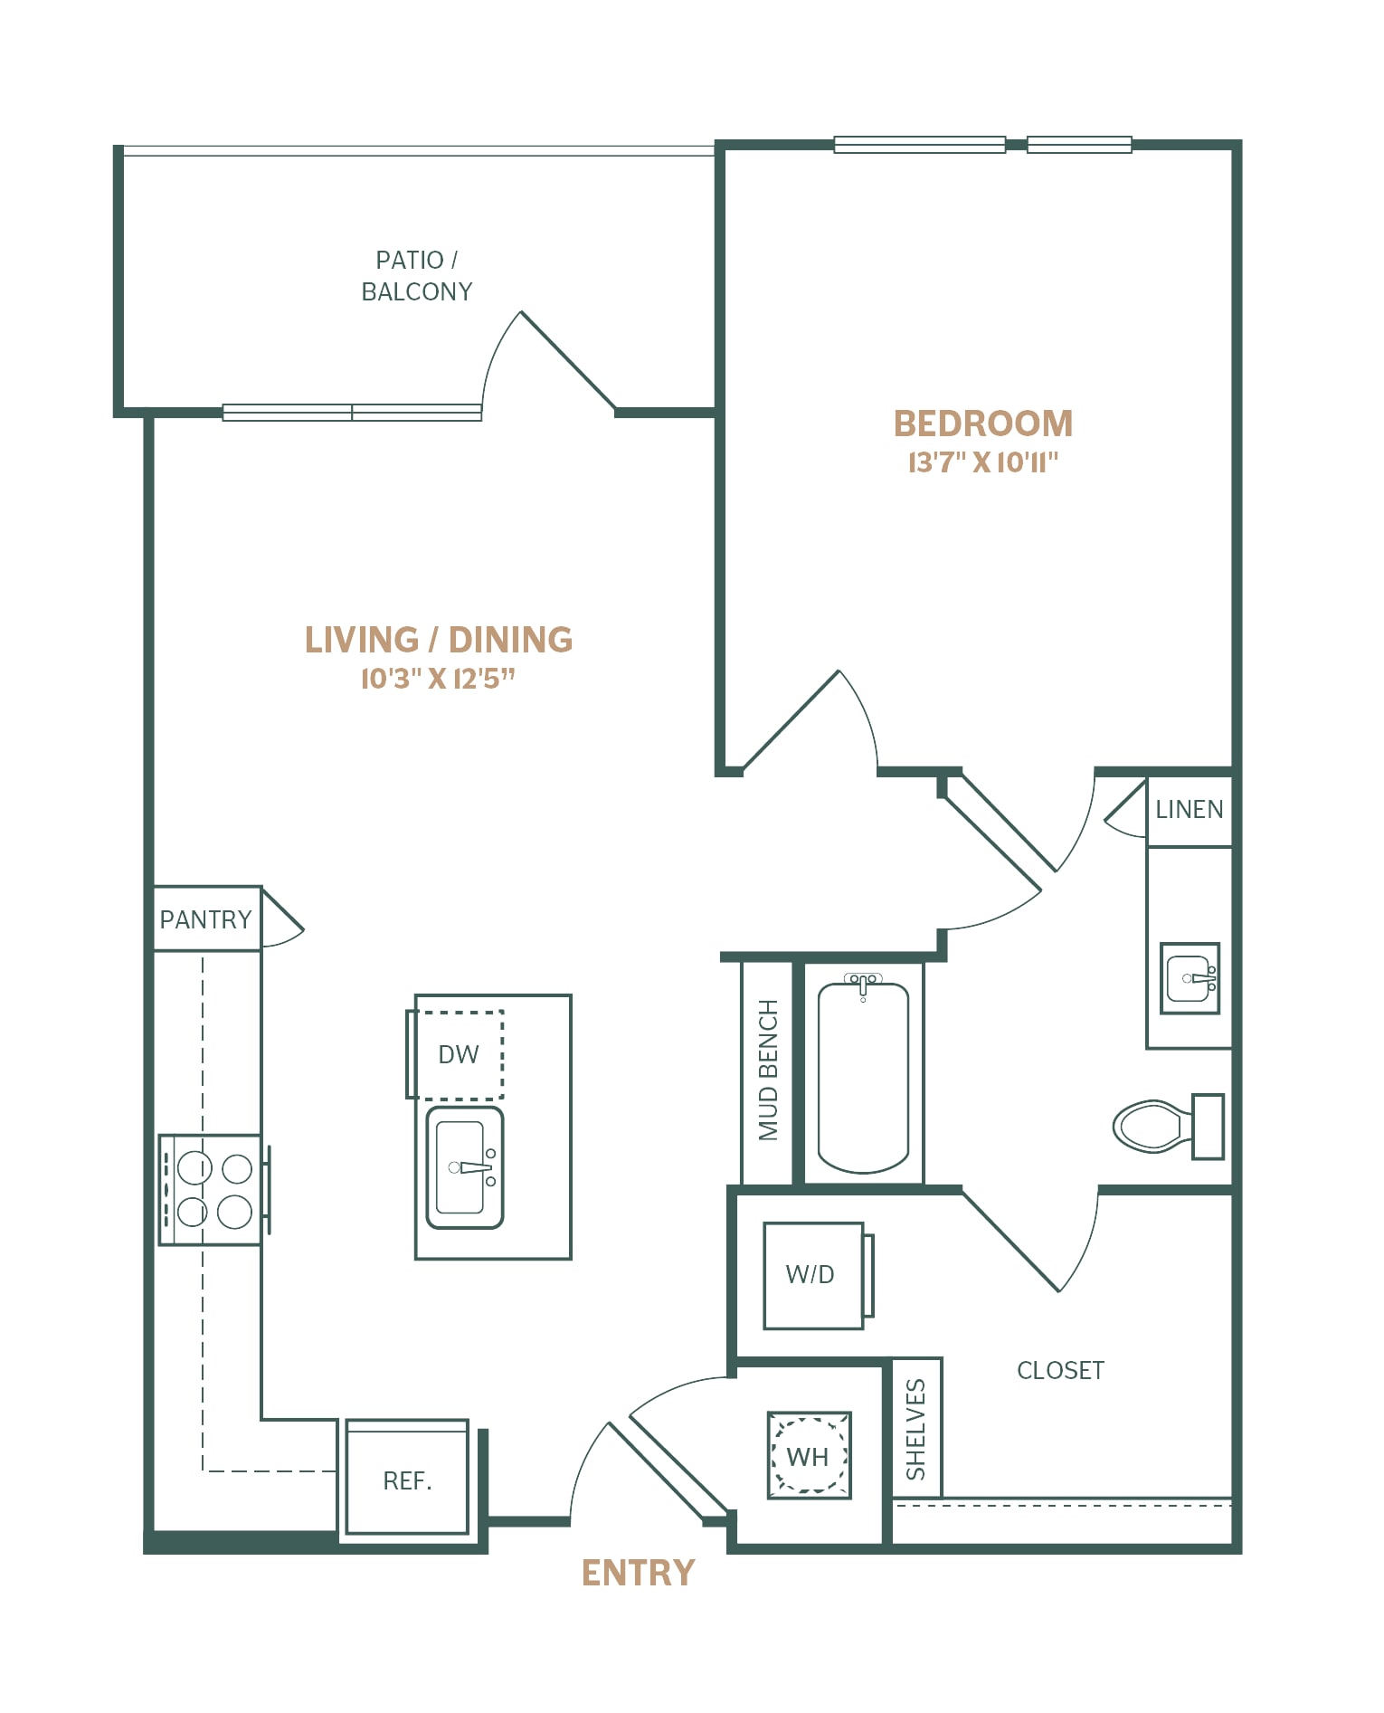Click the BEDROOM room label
click(983, 423)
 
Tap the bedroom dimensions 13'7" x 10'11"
click(983, 462)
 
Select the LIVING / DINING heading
click(439, 640)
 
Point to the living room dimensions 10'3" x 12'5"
click(438, 679)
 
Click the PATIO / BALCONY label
click(417, 276)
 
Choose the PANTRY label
click(205, 919)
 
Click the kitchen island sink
click(465, 1167)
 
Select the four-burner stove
click(214, 1190)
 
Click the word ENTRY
click(639, 1574)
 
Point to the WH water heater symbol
click(809, 1456)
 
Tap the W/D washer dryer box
click(814, 1276)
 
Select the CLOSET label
click(1060, 1371)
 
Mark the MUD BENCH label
click(768, 1071)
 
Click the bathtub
click(863, 1074)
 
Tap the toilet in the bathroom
click(1167, 1127)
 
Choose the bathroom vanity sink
click(1190, 979)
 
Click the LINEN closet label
click(1190, 810)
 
